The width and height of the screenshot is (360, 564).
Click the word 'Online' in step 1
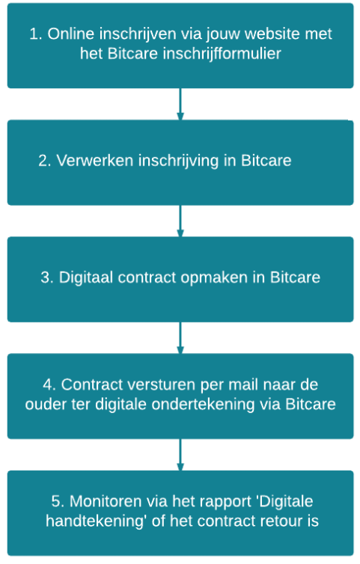(71, 34)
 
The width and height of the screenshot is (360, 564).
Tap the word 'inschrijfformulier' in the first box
(222, 54)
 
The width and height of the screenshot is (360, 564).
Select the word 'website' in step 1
(273, 34)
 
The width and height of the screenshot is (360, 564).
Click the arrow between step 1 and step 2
(180, 104)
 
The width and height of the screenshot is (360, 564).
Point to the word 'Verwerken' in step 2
(95, 160)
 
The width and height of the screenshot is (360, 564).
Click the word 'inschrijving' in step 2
(179, 161)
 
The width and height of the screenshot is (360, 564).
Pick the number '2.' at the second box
(45, 160)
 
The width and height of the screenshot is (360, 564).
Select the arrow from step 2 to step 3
(180, 221)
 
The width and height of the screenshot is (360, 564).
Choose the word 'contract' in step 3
(147, 278)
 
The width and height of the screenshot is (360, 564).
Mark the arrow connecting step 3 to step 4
(180, 338)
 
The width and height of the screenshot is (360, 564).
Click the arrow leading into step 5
(180, 455)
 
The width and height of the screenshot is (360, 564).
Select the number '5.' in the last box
(58, 501)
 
